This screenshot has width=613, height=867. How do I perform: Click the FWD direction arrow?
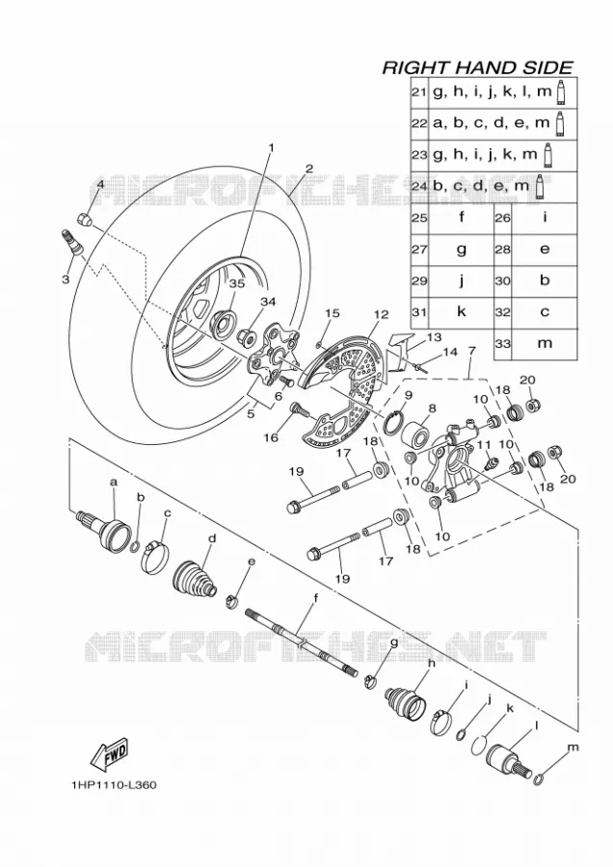[110, 754]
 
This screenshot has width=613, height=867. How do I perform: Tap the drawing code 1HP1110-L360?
[114, 784]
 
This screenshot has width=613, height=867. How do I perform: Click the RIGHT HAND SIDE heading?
[477, 67]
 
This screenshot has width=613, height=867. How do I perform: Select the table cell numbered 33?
[503, 344]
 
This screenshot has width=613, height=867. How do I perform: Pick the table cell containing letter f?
[462, 218]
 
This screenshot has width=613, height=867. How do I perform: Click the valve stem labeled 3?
[72, 242]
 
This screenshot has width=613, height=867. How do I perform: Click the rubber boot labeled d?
[196, 580]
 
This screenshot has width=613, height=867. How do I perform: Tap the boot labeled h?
[406, 700]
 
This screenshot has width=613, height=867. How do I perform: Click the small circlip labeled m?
[540, 779]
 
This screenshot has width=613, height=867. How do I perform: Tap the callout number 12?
[381, 314]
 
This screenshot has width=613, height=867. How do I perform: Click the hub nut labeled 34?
[245, 334]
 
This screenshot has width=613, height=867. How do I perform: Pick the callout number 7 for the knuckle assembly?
[471, 350]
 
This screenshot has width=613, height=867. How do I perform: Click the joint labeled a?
[104, 529]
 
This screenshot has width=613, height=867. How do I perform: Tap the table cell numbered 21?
[419, 92]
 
